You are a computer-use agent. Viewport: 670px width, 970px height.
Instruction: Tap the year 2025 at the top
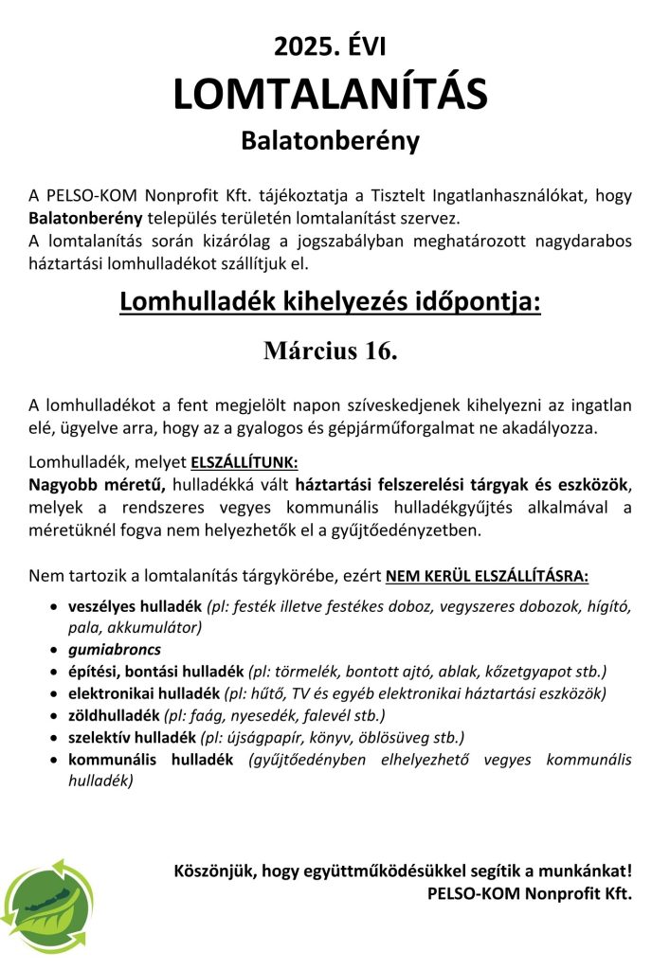point(299,45)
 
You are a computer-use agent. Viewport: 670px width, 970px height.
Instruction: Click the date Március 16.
point(330,350)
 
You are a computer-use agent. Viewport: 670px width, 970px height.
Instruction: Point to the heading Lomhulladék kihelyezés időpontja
point(330,303)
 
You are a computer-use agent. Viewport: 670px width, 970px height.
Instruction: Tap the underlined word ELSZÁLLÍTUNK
point(244,464)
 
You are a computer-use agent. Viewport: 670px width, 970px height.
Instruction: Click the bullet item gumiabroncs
point(114,649)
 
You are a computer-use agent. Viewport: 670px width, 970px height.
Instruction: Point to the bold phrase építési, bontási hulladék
point(155,672)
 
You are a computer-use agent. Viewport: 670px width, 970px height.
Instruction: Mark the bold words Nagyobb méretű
point(98,486)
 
